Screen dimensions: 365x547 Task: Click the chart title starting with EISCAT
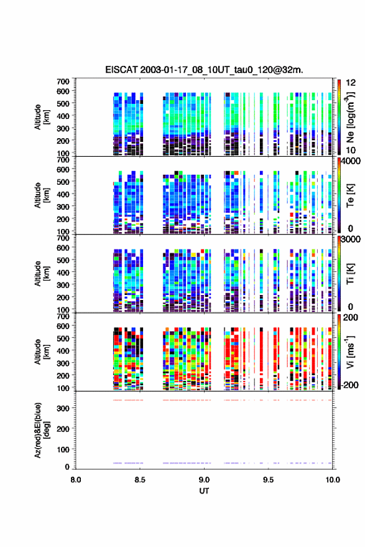(204, 70)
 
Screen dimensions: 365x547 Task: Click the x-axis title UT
(204, 491)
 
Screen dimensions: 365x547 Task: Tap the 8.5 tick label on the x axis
(140, 480)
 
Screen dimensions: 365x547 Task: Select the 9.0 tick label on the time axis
(205, 480)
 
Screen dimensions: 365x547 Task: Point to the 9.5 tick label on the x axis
(268, 480)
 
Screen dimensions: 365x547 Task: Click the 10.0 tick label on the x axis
(333, 480)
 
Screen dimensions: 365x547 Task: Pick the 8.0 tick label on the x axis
(76, 480)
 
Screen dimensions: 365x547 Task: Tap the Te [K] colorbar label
(350, 195)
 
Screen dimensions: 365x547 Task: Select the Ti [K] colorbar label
(350, 274)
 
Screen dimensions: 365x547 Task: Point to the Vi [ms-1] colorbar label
(350, 352)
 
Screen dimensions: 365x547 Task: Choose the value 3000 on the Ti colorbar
(351, 240)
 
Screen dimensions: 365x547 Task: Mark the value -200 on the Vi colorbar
(349, 385)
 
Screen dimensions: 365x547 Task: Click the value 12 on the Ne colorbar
(351, 83)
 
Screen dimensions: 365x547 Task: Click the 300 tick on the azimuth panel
(63, 408)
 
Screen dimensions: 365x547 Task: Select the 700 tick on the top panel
(63, 82)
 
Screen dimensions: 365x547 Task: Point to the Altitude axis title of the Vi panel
(41, 352)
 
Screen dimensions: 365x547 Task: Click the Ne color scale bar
(339, 117)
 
